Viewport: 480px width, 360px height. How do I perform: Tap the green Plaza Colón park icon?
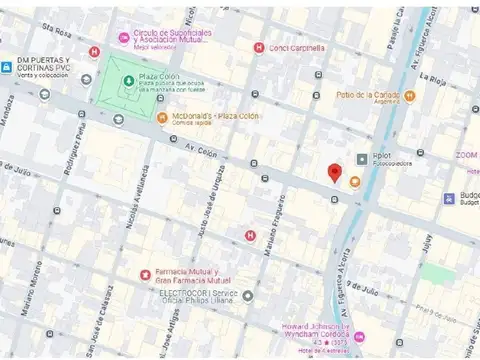[x=128, y=80]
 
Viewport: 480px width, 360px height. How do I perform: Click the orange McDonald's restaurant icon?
[x=162, y=117]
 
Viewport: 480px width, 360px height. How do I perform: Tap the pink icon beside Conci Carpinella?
[x=259, y=47]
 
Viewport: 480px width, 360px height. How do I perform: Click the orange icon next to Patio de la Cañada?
[x=409, y=96]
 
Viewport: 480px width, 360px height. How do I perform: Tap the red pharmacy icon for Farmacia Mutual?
[x=145, y=274]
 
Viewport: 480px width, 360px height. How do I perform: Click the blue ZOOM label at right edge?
[x=466, y=155]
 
